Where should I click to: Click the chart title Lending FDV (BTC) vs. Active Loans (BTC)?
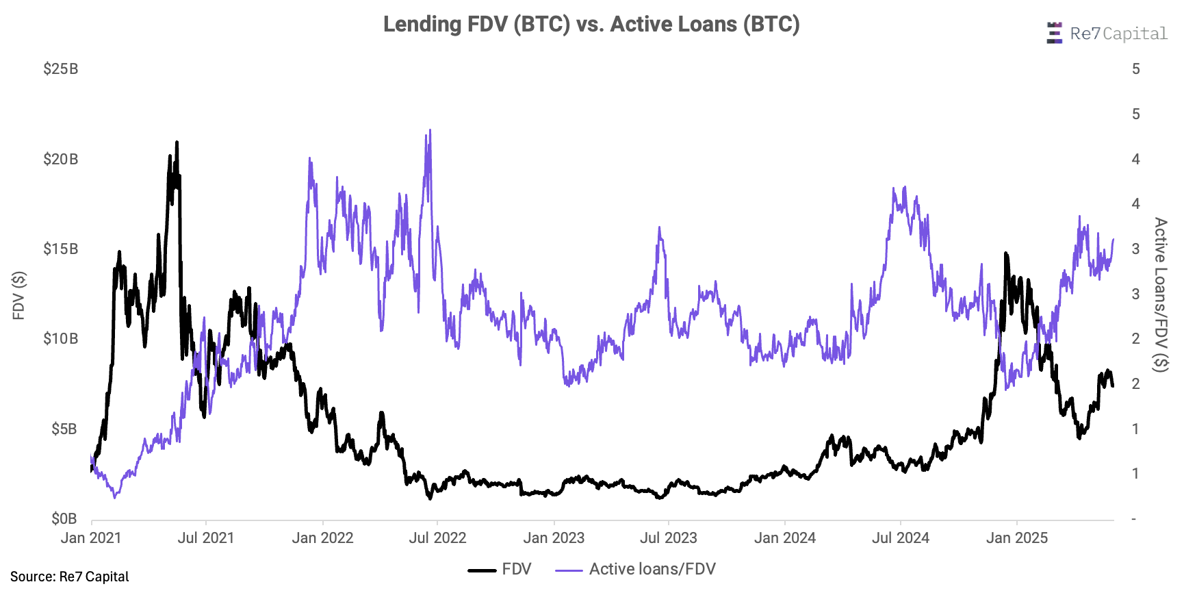(x=591, y=25)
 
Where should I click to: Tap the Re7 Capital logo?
(x=1107, y=34)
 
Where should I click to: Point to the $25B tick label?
(x=60, y=69)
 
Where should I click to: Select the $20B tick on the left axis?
(x=60, y=160)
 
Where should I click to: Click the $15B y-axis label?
(x=60, y=249)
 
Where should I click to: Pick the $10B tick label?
(x=60, y=339)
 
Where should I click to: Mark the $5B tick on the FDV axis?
(x=64, y=429)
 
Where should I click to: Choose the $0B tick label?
(x=64, y=519)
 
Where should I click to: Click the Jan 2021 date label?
(x=91, y=538)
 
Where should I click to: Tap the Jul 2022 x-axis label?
(x=437, y=538)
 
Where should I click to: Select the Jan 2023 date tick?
(x=554, y=538)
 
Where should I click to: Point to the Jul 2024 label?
(x=900, y=538)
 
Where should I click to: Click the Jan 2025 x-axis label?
(x=1016, y=538)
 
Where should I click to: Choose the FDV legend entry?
(x=500, y=570)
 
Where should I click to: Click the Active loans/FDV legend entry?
(x=636, y=570)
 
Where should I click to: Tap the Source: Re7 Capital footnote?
(x=70, y=577)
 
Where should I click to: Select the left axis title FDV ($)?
(x=19, y=295)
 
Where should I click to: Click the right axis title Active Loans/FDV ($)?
(x=1160, y=294)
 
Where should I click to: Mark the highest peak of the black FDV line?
(x=177, y=142)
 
